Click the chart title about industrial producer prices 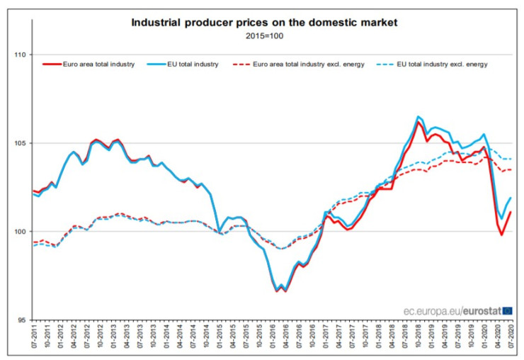[x=265, y=23]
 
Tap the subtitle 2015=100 [x=263, y=35]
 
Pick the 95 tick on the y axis [x=21, y=320]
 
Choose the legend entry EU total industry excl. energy [x=436, y=64]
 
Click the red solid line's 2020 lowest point [x=501, y=235]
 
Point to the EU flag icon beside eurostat [x=507, y=310]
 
